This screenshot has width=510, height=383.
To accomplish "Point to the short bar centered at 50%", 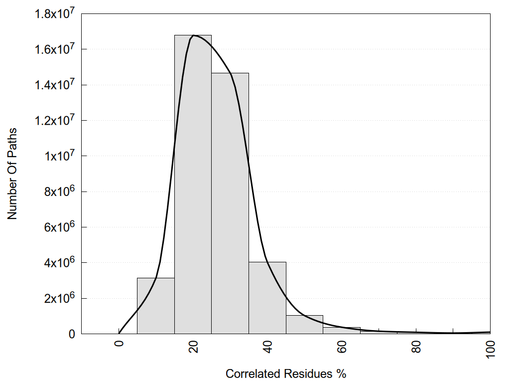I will point(304,325).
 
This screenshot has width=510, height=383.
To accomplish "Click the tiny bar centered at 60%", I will point(342,331).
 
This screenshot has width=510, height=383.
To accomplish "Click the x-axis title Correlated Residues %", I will point(286,374).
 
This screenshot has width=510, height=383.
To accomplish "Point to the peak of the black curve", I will point(194,35).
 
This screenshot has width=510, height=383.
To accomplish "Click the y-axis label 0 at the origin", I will point(72,334).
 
